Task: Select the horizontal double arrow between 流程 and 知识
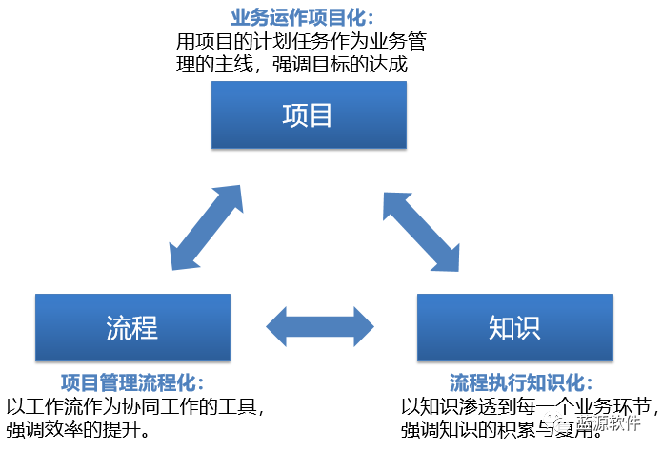[x=320, y=327]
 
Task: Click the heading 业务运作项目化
[x=303, y=18]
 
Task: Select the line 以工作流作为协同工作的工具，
[x=135, y=406]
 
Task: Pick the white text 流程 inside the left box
[x=132, y=327]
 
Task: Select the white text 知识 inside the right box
[x=514, y=327]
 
